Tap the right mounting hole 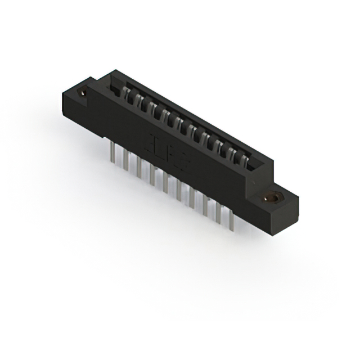click(273, 197)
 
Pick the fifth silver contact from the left click(171, 120)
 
